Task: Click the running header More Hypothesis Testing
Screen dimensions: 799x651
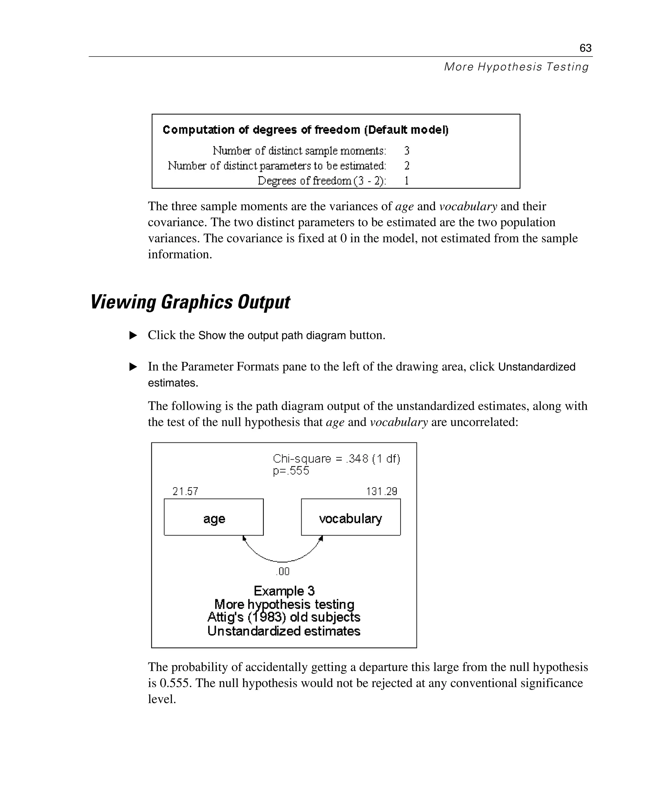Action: pyautogui.click(x=516, y=67)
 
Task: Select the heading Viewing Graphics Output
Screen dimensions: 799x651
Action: pyautogui.click(x=190, y=302)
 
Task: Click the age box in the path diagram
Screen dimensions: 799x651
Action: pyautogui.click(x=214, y=517)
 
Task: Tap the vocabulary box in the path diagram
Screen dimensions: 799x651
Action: pyautogui.click(x=351, y=517)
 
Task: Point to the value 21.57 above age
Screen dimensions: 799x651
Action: pyautogui.click(x=185, y=491)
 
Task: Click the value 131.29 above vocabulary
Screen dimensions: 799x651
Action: pyautogui.click(x=381, y=491)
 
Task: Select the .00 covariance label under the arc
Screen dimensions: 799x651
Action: pyautogui.click(x=283, y=571)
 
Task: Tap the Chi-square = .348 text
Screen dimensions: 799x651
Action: pyautogui.click(x=336, y=459)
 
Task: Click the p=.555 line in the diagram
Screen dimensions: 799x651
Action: pyautogui.click(x=291, y=471)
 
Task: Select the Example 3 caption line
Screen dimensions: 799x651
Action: pyautogui.click(x=284, y=591)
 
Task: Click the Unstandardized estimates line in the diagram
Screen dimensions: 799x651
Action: pyautogui.click(x=284, y=631)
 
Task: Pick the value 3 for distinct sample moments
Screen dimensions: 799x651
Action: pyautogui.click(x=407, y=151)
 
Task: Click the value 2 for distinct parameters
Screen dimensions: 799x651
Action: pyautogui.click(x=407, y=166)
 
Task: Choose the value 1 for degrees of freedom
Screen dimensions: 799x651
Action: pyautogui.click(x=407, y=181)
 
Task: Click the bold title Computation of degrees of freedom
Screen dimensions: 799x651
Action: pyautogui.click(x=305, y=130)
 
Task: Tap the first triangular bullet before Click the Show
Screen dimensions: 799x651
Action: pyautogui.click(x=133, y=335)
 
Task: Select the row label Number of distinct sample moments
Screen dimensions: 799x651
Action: pyautogui.click(x=299, y=151)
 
